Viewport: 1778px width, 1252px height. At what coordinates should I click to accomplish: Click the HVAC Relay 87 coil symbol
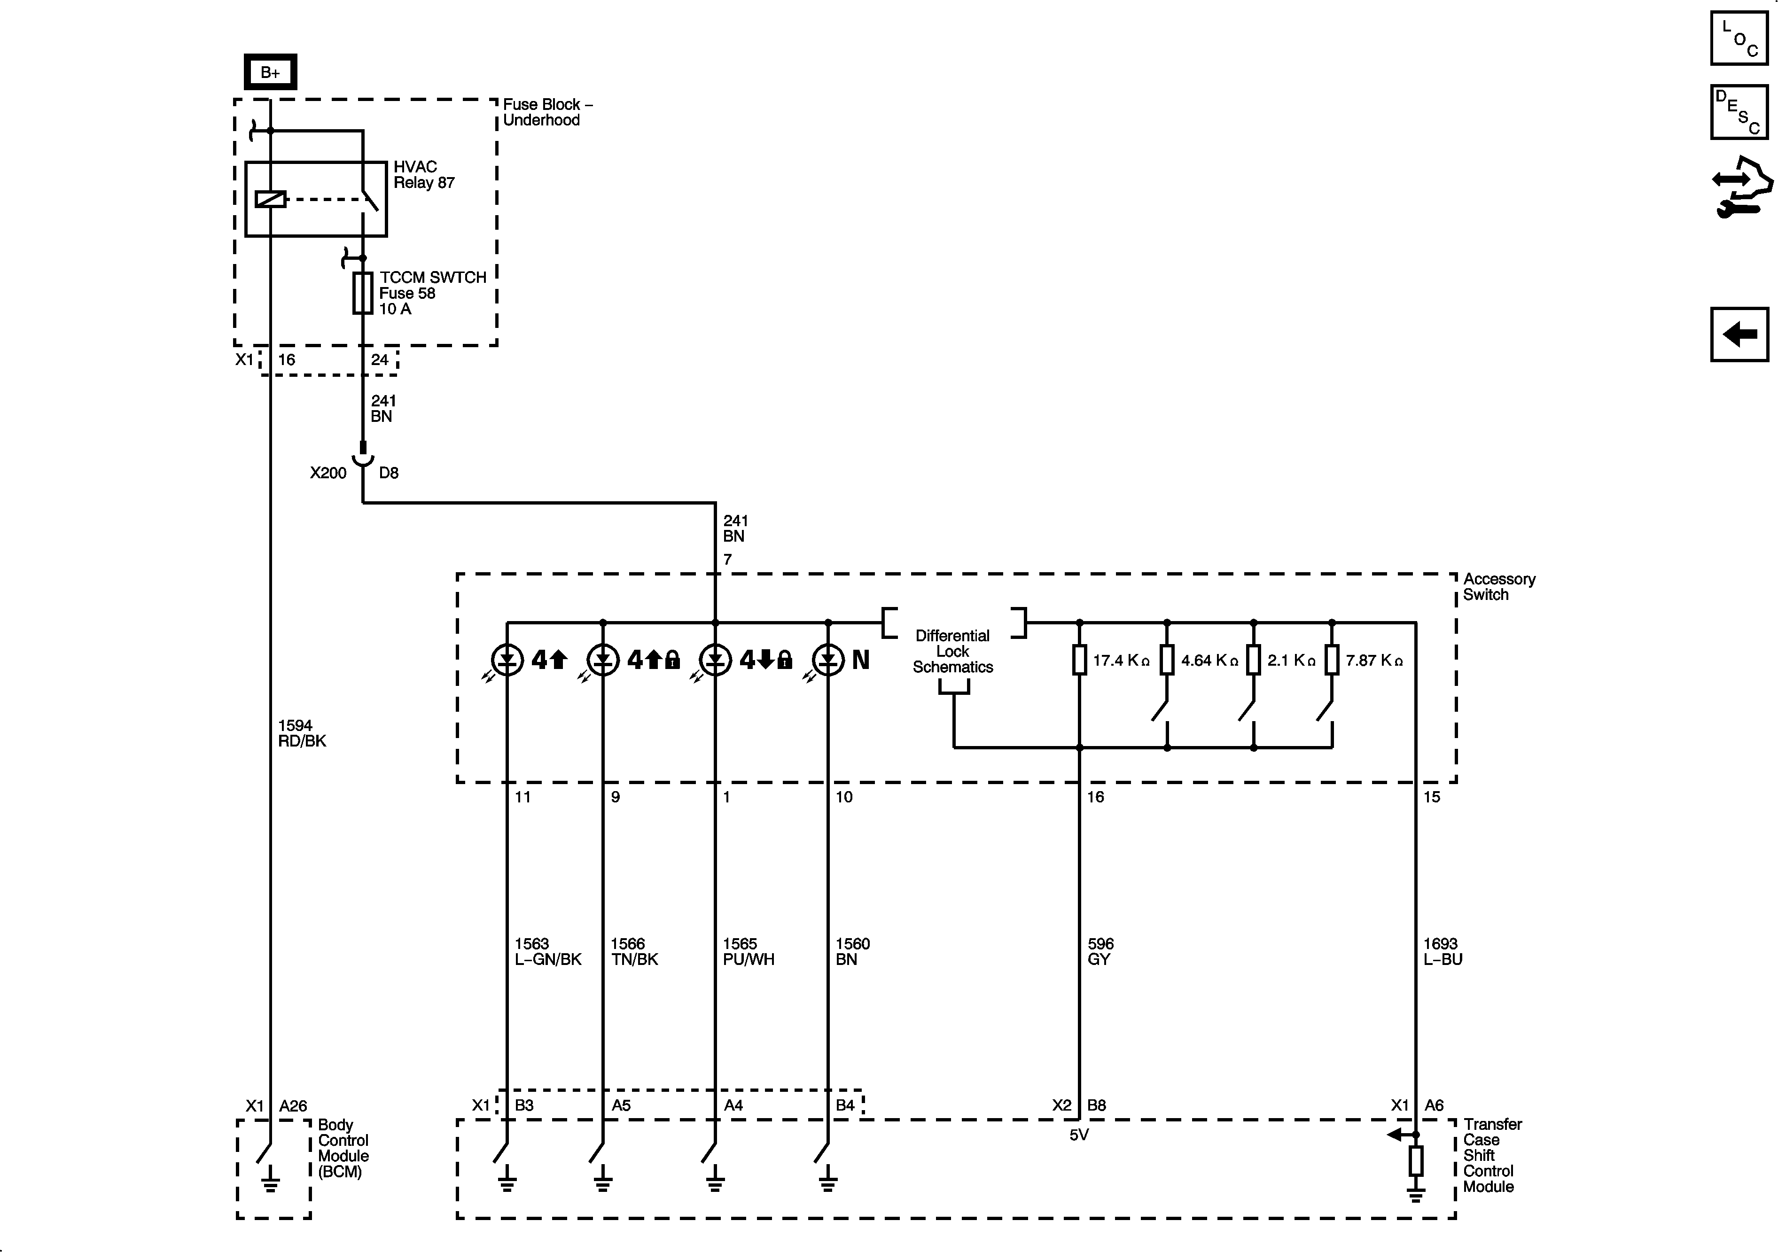tap(270, 199)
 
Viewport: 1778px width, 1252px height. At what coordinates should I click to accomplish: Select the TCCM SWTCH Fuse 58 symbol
tap(362, 293)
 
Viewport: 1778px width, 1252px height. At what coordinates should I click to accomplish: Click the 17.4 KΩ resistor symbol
tap(1079, 661)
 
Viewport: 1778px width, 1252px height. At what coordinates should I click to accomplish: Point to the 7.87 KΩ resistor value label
tap(1374, 661)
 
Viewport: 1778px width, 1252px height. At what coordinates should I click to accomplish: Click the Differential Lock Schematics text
tap(952, 651)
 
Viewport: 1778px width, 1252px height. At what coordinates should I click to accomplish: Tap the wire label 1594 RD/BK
tap(302, 733)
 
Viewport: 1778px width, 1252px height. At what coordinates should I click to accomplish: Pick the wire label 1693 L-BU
tap(1442, 952)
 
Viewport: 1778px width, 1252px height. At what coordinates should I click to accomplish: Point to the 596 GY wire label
tap(1100, 952)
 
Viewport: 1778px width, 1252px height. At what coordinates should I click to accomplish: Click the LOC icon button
tap(1739, 38)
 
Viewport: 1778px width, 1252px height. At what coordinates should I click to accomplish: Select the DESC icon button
tap(1739, 112)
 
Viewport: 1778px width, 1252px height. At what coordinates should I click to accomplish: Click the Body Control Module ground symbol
tap(270, 1182)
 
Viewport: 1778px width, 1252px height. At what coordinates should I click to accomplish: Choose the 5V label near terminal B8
tap(1079, 1135)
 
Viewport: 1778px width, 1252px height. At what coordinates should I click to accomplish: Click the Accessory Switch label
tap(1498, 587)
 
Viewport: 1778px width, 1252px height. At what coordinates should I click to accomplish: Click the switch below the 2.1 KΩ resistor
tap(1248, 710)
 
